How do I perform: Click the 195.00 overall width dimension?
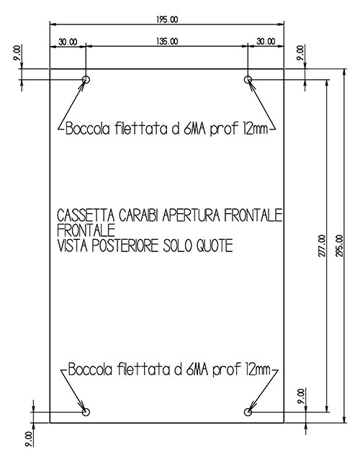[167, 19]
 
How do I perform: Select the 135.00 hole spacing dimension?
[167, 41]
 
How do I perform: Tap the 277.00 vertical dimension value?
[322, 246]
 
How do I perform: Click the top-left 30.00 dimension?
[68, 42]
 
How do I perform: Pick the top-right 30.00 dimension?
[266, 41]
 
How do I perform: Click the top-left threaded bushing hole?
[86, 79]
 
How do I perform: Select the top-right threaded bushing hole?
[248, 79]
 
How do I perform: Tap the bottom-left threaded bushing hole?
[86, 412]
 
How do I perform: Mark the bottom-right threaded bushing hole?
[248, 412]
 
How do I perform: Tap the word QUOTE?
[215, 246]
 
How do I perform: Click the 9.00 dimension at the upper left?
[17, 53]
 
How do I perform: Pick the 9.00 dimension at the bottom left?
[29, 439]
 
